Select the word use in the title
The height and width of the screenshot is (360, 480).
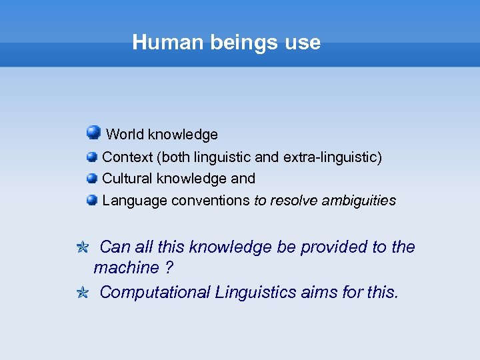(x=303, y=43)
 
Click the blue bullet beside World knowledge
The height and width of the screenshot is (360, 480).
(x=93, y=133)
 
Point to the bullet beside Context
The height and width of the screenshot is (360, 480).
(x=92, y=157)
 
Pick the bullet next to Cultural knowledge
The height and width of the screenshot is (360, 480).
(x=92, y=179)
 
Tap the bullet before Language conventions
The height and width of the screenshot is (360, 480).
(x=92, y=200)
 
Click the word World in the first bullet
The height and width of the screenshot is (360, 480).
(x=125, y=135)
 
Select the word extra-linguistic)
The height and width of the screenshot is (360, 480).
(x=333, y=157)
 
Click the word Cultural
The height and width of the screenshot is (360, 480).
(x=127, y=179)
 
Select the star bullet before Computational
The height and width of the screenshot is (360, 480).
(x=83, y=293)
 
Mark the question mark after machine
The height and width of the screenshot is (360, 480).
(x=169, y=268)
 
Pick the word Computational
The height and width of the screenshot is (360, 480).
(x=155, y=293)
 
